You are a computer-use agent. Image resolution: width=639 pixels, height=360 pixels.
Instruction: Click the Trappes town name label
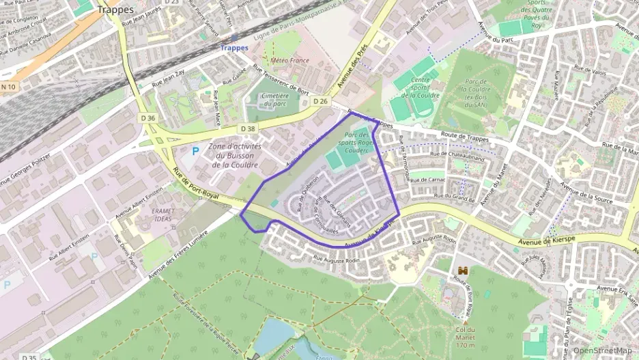[115, 10]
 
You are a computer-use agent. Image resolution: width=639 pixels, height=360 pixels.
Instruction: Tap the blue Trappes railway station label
[234, 48]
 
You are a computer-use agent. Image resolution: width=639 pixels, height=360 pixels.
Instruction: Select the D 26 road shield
[320, 101]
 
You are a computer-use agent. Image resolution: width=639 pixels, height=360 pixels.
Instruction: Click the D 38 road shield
[248, 128]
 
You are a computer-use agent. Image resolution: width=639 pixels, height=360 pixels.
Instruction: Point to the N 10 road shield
[8, 87]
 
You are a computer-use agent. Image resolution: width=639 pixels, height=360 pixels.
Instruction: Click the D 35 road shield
[29, 357]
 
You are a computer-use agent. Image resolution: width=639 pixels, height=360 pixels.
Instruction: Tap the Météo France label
[290, 60]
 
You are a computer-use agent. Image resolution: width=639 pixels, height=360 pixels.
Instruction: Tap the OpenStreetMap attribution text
[602, 350]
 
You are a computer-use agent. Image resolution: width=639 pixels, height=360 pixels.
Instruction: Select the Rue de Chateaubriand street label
[457, 157]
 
